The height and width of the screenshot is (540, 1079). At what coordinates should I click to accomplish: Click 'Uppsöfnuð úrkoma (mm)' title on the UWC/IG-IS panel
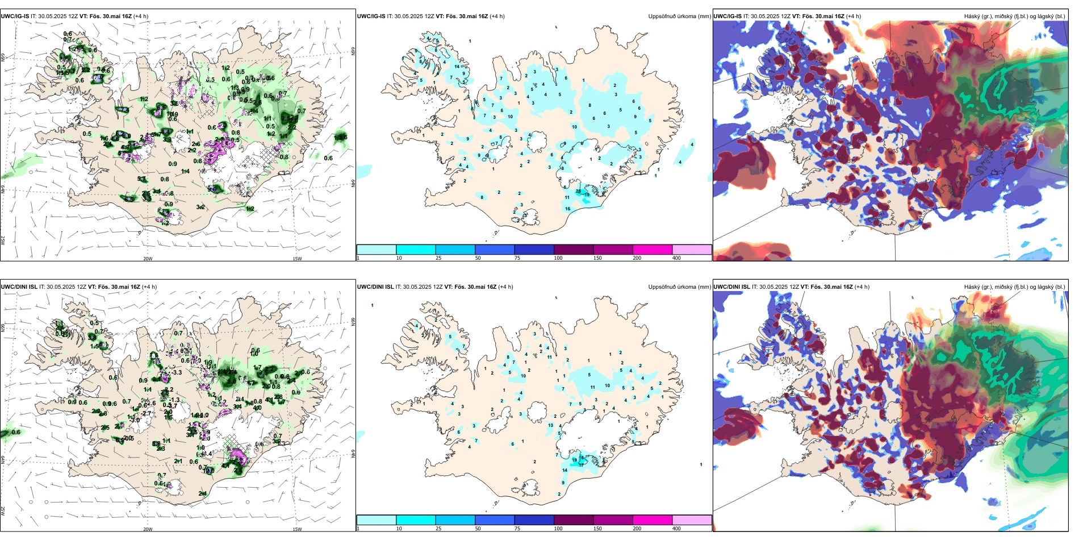click(679, 16)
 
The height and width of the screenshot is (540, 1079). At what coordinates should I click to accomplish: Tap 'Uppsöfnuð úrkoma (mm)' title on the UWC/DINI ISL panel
click(679, 287)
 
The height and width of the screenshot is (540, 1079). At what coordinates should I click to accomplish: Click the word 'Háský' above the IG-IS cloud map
click(973, 16)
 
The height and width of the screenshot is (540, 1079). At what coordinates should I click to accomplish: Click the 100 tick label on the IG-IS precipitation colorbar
click(558, 258)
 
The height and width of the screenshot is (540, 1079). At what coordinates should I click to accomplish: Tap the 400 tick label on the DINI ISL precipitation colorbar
click(676, 529)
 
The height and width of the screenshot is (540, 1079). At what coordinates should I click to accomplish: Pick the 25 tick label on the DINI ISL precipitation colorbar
click(438, 529)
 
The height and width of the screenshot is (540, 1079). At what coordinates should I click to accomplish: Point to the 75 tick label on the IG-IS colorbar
click(517, 258)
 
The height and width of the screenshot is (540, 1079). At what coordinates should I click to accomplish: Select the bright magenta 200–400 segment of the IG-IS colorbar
click(653, 250)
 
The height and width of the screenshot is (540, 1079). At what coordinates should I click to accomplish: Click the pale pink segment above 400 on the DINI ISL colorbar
click(692, 520)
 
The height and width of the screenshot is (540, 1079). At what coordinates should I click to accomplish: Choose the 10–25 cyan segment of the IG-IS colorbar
click(416, 250)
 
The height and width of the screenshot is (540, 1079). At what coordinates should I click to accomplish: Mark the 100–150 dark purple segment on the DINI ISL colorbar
click(574, 520)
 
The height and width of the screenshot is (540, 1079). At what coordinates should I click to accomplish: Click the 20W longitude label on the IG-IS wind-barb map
click(148, 259)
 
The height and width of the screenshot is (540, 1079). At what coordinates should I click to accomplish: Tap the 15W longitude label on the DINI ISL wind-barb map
click(297, 529)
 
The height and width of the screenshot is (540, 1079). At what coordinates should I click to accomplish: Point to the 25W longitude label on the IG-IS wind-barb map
click(3, 240)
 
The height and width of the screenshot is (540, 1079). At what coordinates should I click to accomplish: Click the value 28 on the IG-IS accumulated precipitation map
click(579, 191)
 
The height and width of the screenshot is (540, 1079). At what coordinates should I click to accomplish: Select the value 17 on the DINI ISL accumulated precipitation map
click(581, 464)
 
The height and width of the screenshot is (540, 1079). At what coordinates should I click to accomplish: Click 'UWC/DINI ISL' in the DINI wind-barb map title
click(19, 287)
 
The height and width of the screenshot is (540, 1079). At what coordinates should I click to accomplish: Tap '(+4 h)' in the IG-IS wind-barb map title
click(141, 16)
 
